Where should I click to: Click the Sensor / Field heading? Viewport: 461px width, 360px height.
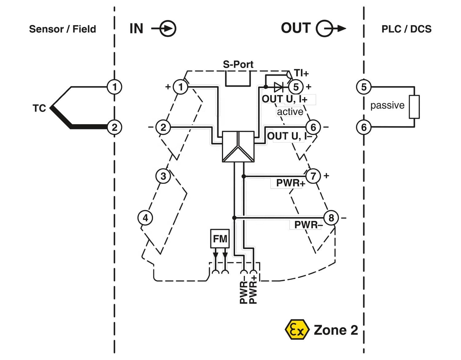click(62, 29)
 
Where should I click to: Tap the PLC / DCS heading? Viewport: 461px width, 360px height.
click(406, 29)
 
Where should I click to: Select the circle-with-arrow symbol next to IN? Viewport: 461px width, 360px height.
click(164, 29)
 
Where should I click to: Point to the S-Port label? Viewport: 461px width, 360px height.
click(238, 64)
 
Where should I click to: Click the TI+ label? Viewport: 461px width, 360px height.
click(301, 73)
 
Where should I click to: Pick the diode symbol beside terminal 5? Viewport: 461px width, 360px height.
click(278, 87)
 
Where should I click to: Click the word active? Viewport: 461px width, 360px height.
click(290, 112)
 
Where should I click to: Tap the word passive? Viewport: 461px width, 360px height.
click(387, 105)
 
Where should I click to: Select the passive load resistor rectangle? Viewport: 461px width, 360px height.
click(414, 107)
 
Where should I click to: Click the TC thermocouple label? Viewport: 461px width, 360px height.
click(39, 108)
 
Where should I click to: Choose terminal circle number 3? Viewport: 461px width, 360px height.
click(163, 176)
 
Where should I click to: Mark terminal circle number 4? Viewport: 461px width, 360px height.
click(145, 218)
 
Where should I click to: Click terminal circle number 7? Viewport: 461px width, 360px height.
click(313, 176)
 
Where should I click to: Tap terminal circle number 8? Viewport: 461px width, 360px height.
click(331, 218)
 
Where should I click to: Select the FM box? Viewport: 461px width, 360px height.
click(220, 239)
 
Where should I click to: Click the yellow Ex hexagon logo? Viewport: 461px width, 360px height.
click(297, 330)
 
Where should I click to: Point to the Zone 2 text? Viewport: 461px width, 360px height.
click(336, 330)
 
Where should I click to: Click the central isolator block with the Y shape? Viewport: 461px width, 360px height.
click(238, 147)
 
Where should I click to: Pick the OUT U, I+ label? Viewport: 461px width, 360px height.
click(285, 99)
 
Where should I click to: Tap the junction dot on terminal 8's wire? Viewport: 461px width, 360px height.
click(234, 218)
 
